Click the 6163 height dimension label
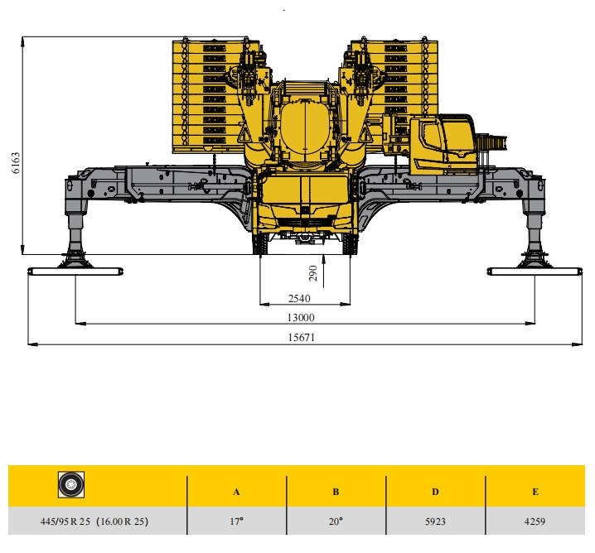pyautogui.click(x=16, y=163)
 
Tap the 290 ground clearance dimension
pyautogui.click(x=313, y=273)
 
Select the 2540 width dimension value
pyautogui.click(x=299, y=299)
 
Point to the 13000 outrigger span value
pyautogui.click(x=301, y=318)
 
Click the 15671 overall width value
pyautogui.click(x=302, y=337)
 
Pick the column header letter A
pyautogui.click(x=236, y=492)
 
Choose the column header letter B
pyautogui.click(x=336, y=492)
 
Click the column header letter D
pyautogui.click(x=435, y=492)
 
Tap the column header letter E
pyautogui.click(x=535, y=492)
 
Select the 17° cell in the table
pyautogui.click(x=236, y=522)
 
